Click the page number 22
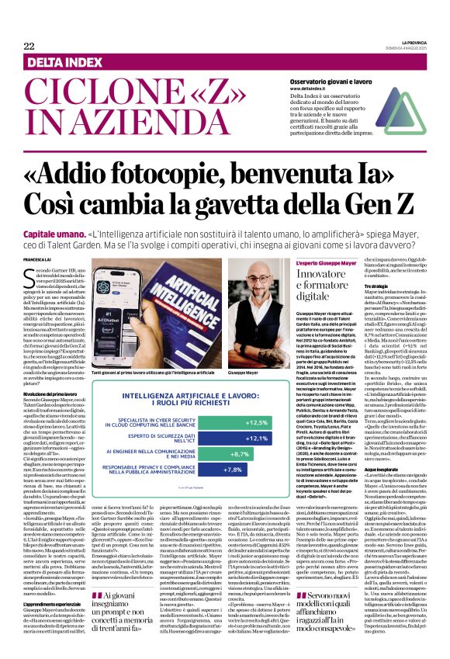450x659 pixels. tap(29, 46)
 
